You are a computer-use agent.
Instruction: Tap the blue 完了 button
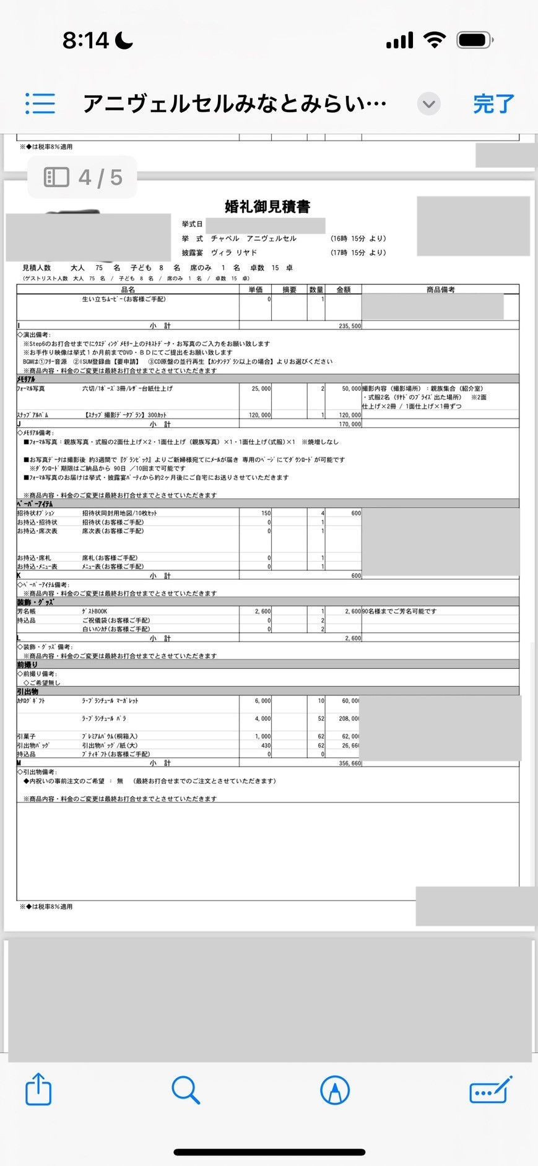pos(493,103)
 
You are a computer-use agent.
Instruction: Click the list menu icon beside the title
pos(40,103)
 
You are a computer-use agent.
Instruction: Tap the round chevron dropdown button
pos(428,103)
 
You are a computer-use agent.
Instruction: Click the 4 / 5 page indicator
pos(83,178)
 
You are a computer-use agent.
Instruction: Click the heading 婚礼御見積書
pos(267,206)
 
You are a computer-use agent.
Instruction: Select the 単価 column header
pos(256,289)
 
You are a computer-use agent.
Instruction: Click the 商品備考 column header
pos(440,289)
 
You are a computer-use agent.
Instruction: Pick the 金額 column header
pos(343,289)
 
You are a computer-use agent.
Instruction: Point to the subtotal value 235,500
pos(350,326)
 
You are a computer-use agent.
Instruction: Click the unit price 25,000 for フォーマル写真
pos(261,389)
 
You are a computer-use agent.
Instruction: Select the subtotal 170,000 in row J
pos(350,424)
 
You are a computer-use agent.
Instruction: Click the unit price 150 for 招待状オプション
pos(266,513)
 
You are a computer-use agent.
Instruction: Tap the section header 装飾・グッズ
pos(35,602)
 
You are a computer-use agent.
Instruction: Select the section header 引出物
pos(28,691)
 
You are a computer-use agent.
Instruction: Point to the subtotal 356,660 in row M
pos(350,764)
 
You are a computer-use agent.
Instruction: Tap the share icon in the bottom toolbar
pos(38,1089)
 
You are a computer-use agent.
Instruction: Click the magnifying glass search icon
pos(186,1089)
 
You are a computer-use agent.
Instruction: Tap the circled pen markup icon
pos(335,1089)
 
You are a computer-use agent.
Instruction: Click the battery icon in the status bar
pos(474,41)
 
